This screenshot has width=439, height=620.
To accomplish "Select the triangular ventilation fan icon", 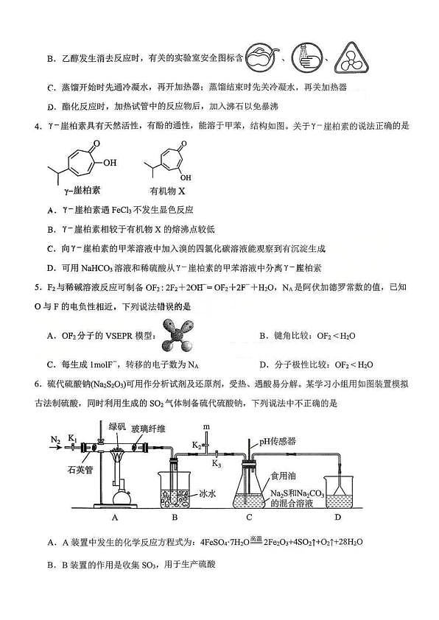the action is [351, 58].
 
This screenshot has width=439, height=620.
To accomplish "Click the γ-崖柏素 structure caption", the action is [82, 191].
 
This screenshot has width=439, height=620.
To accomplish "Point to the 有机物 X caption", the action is [168, 191].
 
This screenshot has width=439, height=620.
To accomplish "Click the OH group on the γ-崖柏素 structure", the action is [110, 162].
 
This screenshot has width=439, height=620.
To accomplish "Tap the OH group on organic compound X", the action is [186, 177].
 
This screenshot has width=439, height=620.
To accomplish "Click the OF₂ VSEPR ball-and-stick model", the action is [178, 335].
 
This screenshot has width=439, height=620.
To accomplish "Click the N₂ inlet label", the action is [55, 440].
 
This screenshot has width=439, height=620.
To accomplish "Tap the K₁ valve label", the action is [72, 438].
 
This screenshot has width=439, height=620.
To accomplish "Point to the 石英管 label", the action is [80, 470].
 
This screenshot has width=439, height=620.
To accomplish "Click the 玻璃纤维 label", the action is [148, 429].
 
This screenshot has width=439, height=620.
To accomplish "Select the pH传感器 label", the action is [278, 441].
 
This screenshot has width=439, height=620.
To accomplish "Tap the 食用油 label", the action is [283, 476].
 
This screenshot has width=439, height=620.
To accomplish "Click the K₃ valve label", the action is [217, 463].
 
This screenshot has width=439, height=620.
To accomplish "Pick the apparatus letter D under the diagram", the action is [338, 517].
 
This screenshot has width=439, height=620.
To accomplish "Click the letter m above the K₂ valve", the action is [206, 426].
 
